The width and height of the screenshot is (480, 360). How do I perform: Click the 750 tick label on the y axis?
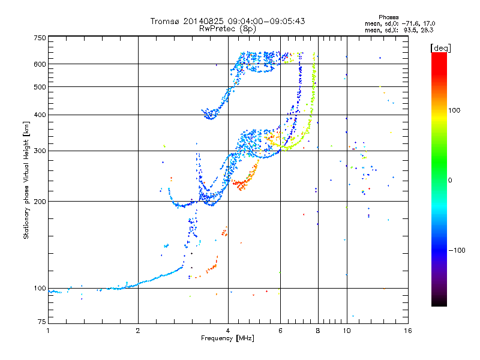[x=40, y=38]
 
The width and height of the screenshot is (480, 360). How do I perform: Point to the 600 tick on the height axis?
[x=40, y=64]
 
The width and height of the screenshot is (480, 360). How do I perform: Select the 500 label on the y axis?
[x=40, y=86]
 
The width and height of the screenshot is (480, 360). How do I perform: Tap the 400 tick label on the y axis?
[x=40, y=115]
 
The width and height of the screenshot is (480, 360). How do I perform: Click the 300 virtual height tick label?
[x=40, y=151]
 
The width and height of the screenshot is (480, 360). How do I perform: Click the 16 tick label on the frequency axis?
[x=407, y=331]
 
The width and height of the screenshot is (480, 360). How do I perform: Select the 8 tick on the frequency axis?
[x=318, y=331]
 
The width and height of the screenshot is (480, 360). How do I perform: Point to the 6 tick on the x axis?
[x=280, y=331]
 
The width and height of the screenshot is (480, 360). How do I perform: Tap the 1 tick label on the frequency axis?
[x=48, y=331]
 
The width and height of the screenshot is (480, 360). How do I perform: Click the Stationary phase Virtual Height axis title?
[x=26, y=181]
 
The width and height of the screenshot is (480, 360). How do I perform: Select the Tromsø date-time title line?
[x=227, y=21]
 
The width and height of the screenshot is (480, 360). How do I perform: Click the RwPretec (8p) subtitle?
[x=227, y=28]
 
